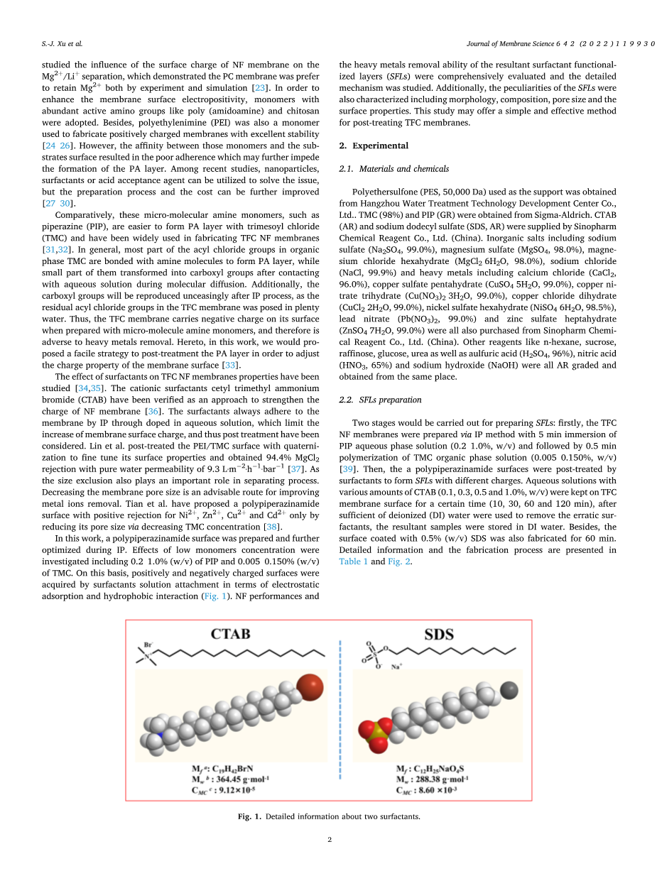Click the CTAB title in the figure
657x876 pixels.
pyautogui.click(x=229, y=633)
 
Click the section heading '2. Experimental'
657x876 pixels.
pyautogui.click(x=374, y=146)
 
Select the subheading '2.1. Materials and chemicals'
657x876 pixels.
pyautogui.click(x=393, y=169)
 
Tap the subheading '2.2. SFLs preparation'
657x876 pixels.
pyautogui.click(x=380, y=400)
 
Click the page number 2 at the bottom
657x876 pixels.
pyautogui.click(x=330, y=840)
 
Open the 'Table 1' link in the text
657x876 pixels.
pyautogui.click(x=353, y=561)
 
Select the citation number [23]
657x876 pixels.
pyautogui.click(x=261, y=87)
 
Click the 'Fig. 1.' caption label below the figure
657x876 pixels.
pyautogui.click(x=249, y=816)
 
